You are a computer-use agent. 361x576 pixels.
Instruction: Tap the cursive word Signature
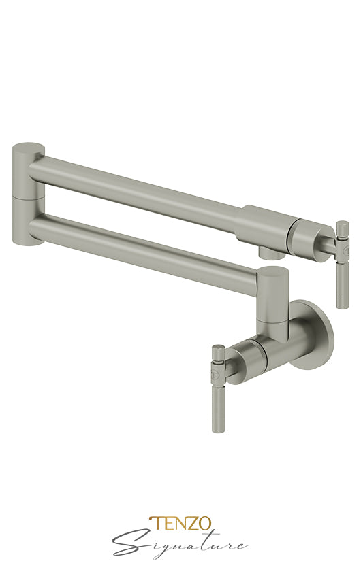tap(180, 544)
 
